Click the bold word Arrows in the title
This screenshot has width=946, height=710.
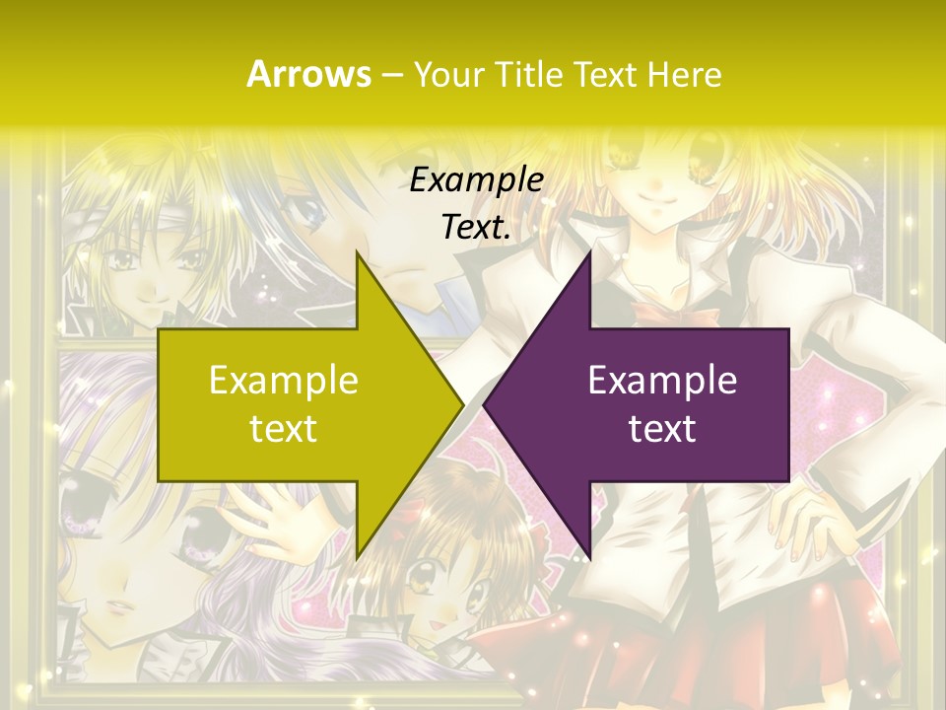tap(308, 74)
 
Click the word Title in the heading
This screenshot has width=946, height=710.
tap(528, 74)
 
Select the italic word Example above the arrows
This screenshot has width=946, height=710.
tap(476, 180)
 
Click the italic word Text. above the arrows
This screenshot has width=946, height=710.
tap(476, 227)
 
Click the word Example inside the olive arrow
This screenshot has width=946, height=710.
tap(284, 380)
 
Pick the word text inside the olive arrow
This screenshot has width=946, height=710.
tap(284, 428)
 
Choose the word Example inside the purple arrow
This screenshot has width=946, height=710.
tap(662, 380)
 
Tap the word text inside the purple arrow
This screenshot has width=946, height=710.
tap(662, 428)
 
